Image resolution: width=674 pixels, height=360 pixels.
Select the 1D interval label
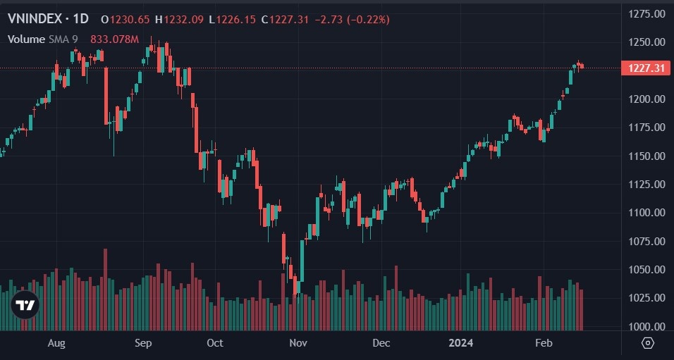(x=80, y=19)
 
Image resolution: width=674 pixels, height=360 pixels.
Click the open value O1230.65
(x=119, y=19)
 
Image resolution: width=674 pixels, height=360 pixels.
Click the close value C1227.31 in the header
(x=286, y=19)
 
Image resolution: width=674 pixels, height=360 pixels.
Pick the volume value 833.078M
(x=114, y=39)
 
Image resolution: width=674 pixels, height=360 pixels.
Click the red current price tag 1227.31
(x=644, y=68)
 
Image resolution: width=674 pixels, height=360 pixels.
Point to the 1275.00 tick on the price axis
(x=647, y=13)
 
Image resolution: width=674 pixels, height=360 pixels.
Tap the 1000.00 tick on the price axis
(x=647, y=327)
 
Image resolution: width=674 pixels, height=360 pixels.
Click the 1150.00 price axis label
(x=647, y=156)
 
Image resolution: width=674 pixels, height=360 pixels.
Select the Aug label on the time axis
(x=56, y=343)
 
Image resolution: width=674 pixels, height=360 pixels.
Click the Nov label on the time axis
(x=298, y=343)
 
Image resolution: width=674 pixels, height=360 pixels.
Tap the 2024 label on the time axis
(x=462, y=343)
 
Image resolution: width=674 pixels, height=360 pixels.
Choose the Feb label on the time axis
(x=544, y=343)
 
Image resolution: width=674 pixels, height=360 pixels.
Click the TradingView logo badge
(x=25, y=305)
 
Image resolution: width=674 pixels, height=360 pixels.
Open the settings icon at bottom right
(x=648, y=343)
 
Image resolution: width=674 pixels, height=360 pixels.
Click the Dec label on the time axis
(x=381, y=343)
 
